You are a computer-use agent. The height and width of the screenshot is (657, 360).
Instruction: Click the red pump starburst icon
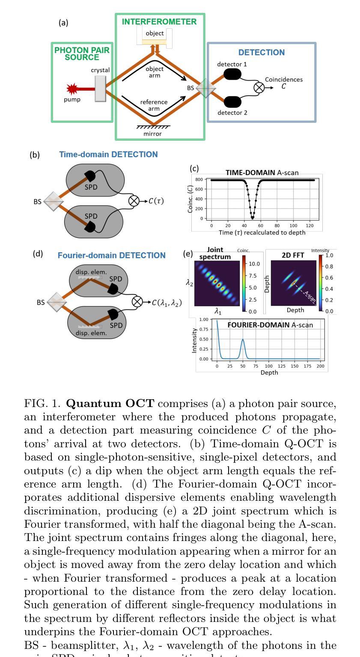tap(72, 89)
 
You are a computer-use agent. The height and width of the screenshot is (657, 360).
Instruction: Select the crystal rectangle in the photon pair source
tap(100, 89)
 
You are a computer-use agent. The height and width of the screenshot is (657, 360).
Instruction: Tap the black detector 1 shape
tap(232, 74)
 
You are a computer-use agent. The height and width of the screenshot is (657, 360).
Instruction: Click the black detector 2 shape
tap(232, 102)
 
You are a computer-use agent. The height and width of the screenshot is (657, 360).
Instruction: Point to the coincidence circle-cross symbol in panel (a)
tap(259, 88)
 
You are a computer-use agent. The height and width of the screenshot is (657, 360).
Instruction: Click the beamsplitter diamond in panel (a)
tap(205, 88)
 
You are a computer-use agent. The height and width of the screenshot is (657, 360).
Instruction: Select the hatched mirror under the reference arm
tap(153, 127)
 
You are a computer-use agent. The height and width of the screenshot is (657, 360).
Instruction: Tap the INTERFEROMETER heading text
tap(159, 22)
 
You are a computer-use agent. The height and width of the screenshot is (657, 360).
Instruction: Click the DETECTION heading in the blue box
tap(261, 53)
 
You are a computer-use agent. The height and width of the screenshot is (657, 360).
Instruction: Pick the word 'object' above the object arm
tap(155, 33)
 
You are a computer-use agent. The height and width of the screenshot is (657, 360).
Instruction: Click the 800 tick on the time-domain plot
tap(199, 180)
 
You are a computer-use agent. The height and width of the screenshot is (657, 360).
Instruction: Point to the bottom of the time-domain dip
tap(253, 218)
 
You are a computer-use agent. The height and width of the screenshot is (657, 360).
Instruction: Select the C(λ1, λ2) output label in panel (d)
tap(167, 303)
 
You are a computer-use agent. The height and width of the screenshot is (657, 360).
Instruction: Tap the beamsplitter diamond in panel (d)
tap(57, 302)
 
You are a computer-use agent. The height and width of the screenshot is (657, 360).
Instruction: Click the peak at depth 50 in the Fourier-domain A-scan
tap(243, 339)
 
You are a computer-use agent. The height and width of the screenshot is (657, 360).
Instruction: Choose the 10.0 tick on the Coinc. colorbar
tap(254, 264)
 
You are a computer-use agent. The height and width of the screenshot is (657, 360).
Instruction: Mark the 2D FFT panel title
tap(293, 255)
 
